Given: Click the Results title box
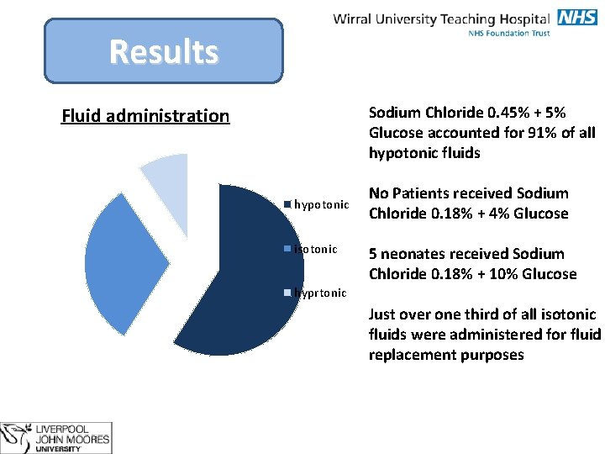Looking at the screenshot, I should coord(163,51).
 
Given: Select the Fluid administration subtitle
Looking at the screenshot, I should coord(145,116).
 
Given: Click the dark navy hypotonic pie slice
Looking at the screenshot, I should coord(244,277).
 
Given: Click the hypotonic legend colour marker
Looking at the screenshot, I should coord(287,205).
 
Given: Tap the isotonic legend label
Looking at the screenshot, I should coord(316,249).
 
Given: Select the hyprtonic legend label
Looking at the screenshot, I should coord(320,293).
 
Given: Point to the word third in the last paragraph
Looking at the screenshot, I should coord(479,314).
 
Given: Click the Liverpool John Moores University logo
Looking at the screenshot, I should coord(57,438).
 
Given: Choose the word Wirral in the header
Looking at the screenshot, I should coord(355,18).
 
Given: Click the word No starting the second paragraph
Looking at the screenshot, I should coord(380,193).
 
